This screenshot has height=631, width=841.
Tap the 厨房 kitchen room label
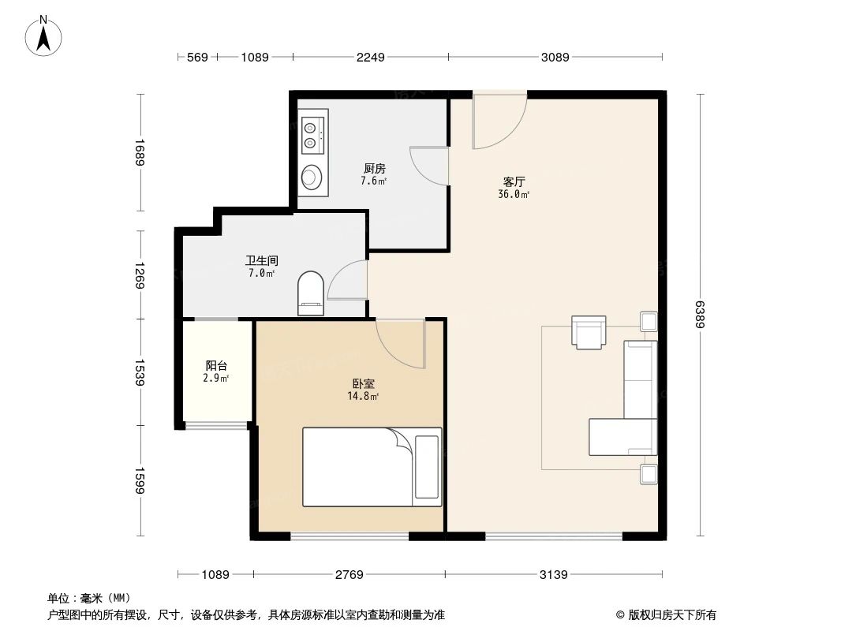[374, 169]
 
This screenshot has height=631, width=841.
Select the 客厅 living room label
[514, 181]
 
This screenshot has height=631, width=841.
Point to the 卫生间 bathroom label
[261, 260]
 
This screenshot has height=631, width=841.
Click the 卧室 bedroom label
[363, 383]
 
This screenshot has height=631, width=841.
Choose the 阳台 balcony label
[216, 366]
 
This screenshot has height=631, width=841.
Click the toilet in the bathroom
[311, 293]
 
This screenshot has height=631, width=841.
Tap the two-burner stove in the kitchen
[312, 133]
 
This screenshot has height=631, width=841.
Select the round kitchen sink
[312, 177]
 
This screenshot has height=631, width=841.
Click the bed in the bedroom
[372, 466]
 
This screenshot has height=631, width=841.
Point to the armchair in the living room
[589, 332]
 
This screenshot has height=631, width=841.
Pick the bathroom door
[348, 280]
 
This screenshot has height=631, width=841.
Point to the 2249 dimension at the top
[370, 57]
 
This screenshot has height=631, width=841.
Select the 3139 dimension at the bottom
[553, 575]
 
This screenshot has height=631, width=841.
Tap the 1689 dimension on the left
[140, 152]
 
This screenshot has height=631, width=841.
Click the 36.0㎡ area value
[514, 194]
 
